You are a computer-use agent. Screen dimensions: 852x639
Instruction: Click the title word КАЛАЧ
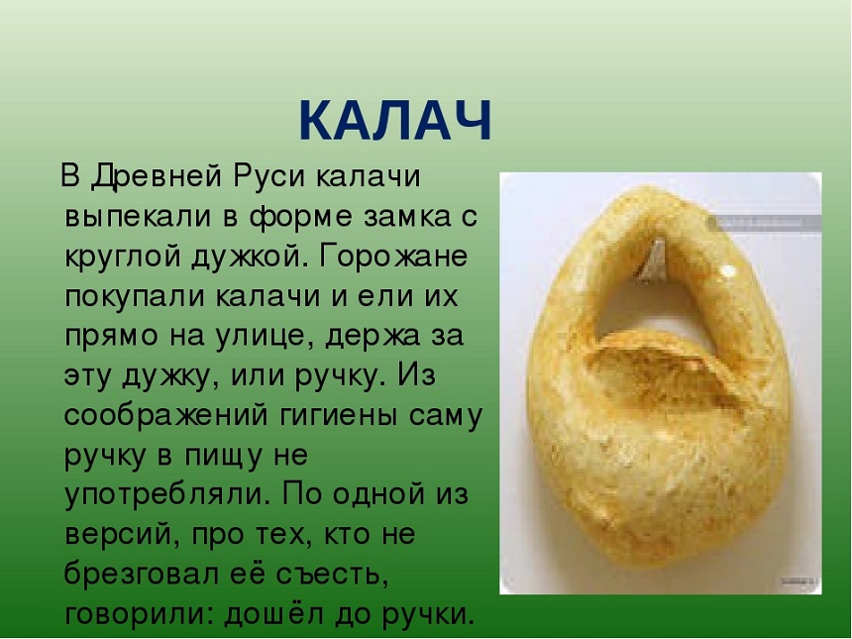click(x=395, y=121)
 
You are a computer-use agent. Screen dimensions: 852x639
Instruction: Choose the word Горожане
click(x=393, y=257)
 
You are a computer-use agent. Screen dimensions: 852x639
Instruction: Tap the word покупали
click(x=136, y=296)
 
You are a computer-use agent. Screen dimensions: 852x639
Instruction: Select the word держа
click(x=373, y=337)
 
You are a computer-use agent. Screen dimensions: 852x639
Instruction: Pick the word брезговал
click(x=142, y=574)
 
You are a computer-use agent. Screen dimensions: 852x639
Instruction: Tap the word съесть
click(x=333, y=575)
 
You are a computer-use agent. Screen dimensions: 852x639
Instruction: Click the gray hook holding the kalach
click(x=653, y=261)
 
